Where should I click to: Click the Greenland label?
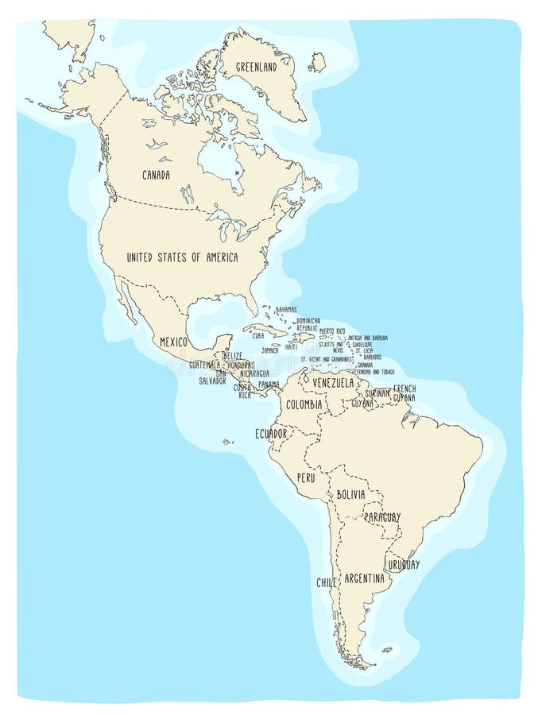[256, 68]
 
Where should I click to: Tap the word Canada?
[156, 175]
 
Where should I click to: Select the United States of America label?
[182, 257]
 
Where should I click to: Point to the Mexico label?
[173, 342]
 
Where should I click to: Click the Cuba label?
[258, 336]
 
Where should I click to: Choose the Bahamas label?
[286, 309]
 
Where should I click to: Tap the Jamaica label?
[270, 350]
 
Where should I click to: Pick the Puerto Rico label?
[332, 330]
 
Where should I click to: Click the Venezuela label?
[332, 383]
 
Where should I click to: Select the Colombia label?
[304, 404]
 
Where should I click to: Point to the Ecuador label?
[271, 434]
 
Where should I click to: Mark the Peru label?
[306, 478]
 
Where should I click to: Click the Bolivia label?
[350, 494]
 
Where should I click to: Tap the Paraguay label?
[382, 517]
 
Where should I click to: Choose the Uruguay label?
[404, 565]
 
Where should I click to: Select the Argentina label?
[364, 578]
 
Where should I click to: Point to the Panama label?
[269, 385]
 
